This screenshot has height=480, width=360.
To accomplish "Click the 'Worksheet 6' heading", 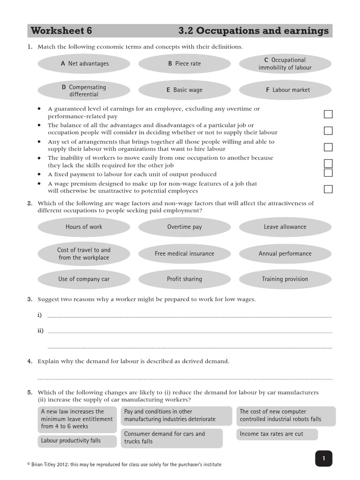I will click(61, 31).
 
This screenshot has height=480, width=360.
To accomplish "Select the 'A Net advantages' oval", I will click(84, 64).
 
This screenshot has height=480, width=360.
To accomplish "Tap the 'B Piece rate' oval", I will click(184, 64).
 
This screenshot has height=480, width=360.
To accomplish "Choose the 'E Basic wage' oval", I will click(184, 90).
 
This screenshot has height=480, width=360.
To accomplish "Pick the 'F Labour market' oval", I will click(285, 90).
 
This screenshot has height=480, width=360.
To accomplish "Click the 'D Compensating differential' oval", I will click(84, 90).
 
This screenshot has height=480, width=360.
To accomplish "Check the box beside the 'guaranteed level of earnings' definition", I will click(328, 114).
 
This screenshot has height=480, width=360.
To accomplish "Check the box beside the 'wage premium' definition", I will click(328, 189).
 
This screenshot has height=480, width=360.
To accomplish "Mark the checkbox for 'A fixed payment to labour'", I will click(328, 172).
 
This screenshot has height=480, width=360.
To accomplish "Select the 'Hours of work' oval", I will click(84, 227).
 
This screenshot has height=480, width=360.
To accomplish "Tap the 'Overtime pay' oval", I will click(184, 227).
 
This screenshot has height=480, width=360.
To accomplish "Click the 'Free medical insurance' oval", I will click(184, 254).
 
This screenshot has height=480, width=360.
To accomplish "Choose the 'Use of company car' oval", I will click(84, 279).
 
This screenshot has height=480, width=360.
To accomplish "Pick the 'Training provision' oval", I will click(285, 279).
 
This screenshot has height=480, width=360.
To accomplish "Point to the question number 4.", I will click(30, 361).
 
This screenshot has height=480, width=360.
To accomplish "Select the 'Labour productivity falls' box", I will click(70, 441).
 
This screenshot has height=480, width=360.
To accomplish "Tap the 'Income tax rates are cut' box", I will click(277, 434).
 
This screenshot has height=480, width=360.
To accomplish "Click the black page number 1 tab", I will click(323, 458).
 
